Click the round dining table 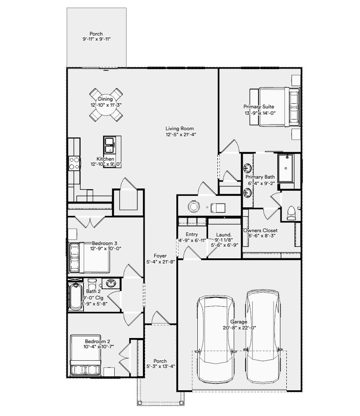106,105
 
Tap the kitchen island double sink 109,145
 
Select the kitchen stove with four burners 74,163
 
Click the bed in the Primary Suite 275,107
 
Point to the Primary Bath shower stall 286,168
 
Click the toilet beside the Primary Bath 291,213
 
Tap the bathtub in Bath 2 76,296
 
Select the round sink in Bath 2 111,283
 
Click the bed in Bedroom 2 85,355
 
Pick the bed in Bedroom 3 89,257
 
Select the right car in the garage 263,336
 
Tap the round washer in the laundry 194,207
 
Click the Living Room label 180,129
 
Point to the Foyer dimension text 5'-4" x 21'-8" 161,262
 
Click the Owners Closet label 261,230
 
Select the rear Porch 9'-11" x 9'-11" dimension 96,39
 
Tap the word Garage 238,322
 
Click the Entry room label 192,234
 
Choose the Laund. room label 224,234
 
